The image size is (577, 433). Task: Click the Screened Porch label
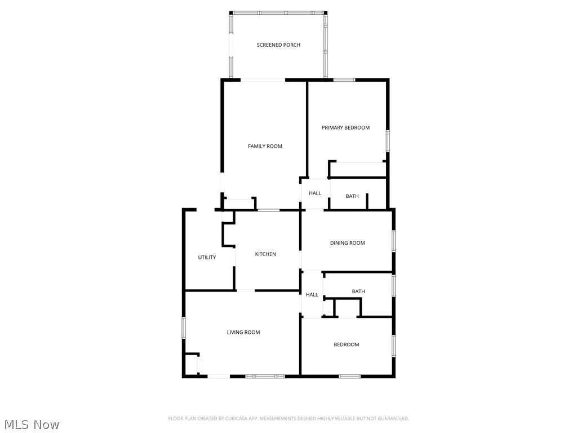(x=278, y=45)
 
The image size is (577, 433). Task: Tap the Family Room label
(x=265, y=147)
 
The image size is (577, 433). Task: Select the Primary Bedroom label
(x=345, y=128)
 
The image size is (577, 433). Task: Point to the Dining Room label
(x=347, y=243)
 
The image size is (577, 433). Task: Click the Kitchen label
(x=265, y=254)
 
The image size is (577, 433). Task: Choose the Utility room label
(x=207, y=258)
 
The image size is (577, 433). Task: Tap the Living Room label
(x=243, y=333)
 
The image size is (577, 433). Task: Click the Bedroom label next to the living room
(x=346, y=344)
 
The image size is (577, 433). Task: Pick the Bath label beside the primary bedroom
(x=352, y=196)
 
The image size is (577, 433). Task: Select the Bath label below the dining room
(x=358, y=291)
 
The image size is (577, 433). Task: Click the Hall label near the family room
(x=315, y=193)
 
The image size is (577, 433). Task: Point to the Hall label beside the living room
(x=312, y=295)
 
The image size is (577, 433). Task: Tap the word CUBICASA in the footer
(x=237, y=418)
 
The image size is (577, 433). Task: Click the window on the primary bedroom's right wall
(x=388, y=140)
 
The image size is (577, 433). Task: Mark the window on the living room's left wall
(x=184, y=328)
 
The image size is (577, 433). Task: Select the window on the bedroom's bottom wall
(x=349, y=376)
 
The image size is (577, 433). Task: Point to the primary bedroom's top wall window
(x=344, y=80)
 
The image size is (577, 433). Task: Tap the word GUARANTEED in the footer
(x=391, y=418)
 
